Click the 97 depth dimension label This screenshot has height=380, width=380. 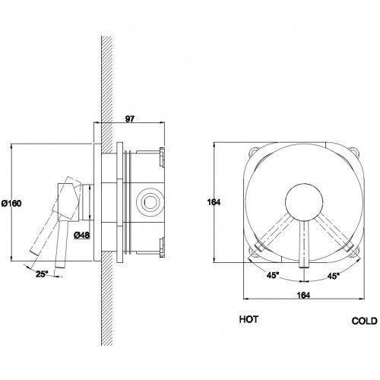[x=129, y=119]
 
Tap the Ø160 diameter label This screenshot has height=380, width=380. [x=11, y=203]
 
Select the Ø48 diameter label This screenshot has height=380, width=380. [x=82, y=236]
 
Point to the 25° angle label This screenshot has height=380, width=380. [x=42, y=274]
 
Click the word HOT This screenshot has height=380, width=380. [x=249, y=319]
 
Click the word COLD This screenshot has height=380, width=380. [x=364, y=321]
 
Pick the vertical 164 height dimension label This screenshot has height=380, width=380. [x=214, y=202]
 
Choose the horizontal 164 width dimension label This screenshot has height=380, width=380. [x=303, y=296]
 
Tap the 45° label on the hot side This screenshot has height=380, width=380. [x=273, y=275]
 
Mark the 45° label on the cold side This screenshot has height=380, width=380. [x=333, y=276]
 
